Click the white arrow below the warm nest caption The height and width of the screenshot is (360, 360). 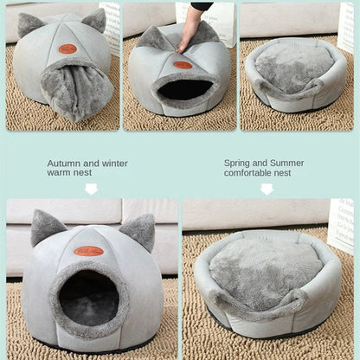[91, 189]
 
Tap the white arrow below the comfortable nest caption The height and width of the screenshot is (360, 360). [267, 189]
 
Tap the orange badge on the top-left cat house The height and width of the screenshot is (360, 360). [67, 48]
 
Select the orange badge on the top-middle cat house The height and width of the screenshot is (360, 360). [182, 64]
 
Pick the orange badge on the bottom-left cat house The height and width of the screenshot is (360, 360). [88, 251]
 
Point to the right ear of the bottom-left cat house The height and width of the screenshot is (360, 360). [139, 231]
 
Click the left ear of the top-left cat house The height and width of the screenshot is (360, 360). [30, 24]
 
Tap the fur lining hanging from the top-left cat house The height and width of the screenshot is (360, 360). [76, 92]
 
